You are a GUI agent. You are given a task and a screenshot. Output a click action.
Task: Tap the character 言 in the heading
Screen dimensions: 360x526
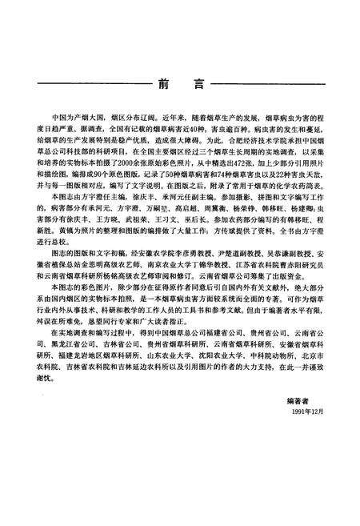197,83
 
